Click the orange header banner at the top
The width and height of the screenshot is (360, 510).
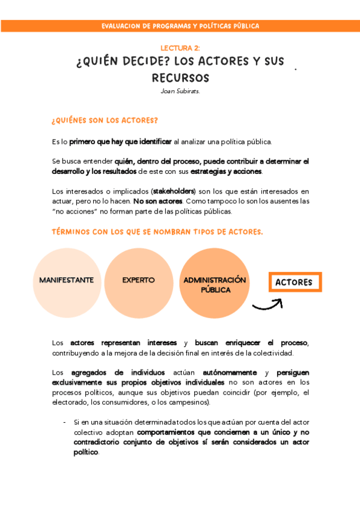pyautogui.click(x=180, y=26)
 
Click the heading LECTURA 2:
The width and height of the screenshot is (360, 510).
pyautogui.click(x=180, y=48)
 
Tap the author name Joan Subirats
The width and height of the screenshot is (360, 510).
pyautogui.click(x=180, y=91)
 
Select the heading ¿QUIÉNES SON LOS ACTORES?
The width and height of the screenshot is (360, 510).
pyautogui.click(x=105, y=120)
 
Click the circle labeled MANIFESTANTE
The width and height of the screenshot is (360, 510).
pyautogui.click(x=66, y=280)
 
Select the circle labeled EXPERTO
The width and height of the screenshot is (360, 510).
pyautogui.click(x=138, y=280)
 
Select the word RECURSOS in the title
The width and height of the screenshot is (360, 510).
pyautogui.click(x=180, y=78)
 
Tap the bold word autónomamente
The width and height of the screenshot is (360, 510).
pyautogui.click(x=230, y=372)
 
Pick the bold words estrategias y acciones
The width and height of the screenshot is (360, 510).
pyautogui.click(x=227, y=171)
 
